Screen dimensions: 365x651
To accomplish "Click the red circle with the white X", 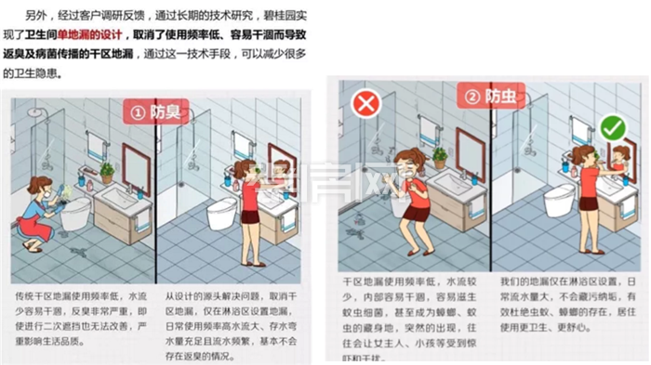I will (x=366, y=102).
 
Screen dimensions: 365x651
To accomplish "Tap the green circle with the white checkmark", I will (x=612, y=127).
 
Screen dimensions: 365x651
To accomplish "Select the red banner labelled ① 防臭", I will (x=154, y=112).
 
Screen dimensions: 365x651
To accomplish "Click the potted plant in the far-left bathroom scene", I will (x=107, y=172).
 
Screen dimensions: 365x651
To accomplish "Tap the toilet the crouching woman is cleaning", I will (x=76, y=212).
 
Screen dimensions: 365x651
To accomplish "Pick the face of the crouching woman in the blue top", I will (x=43, y=187).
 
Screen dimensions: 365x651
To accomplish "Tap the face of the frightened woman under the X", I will (x=407, y=168).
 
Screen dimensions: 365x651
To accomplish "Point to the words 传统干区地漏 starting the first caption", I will (x=38, y=275).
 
